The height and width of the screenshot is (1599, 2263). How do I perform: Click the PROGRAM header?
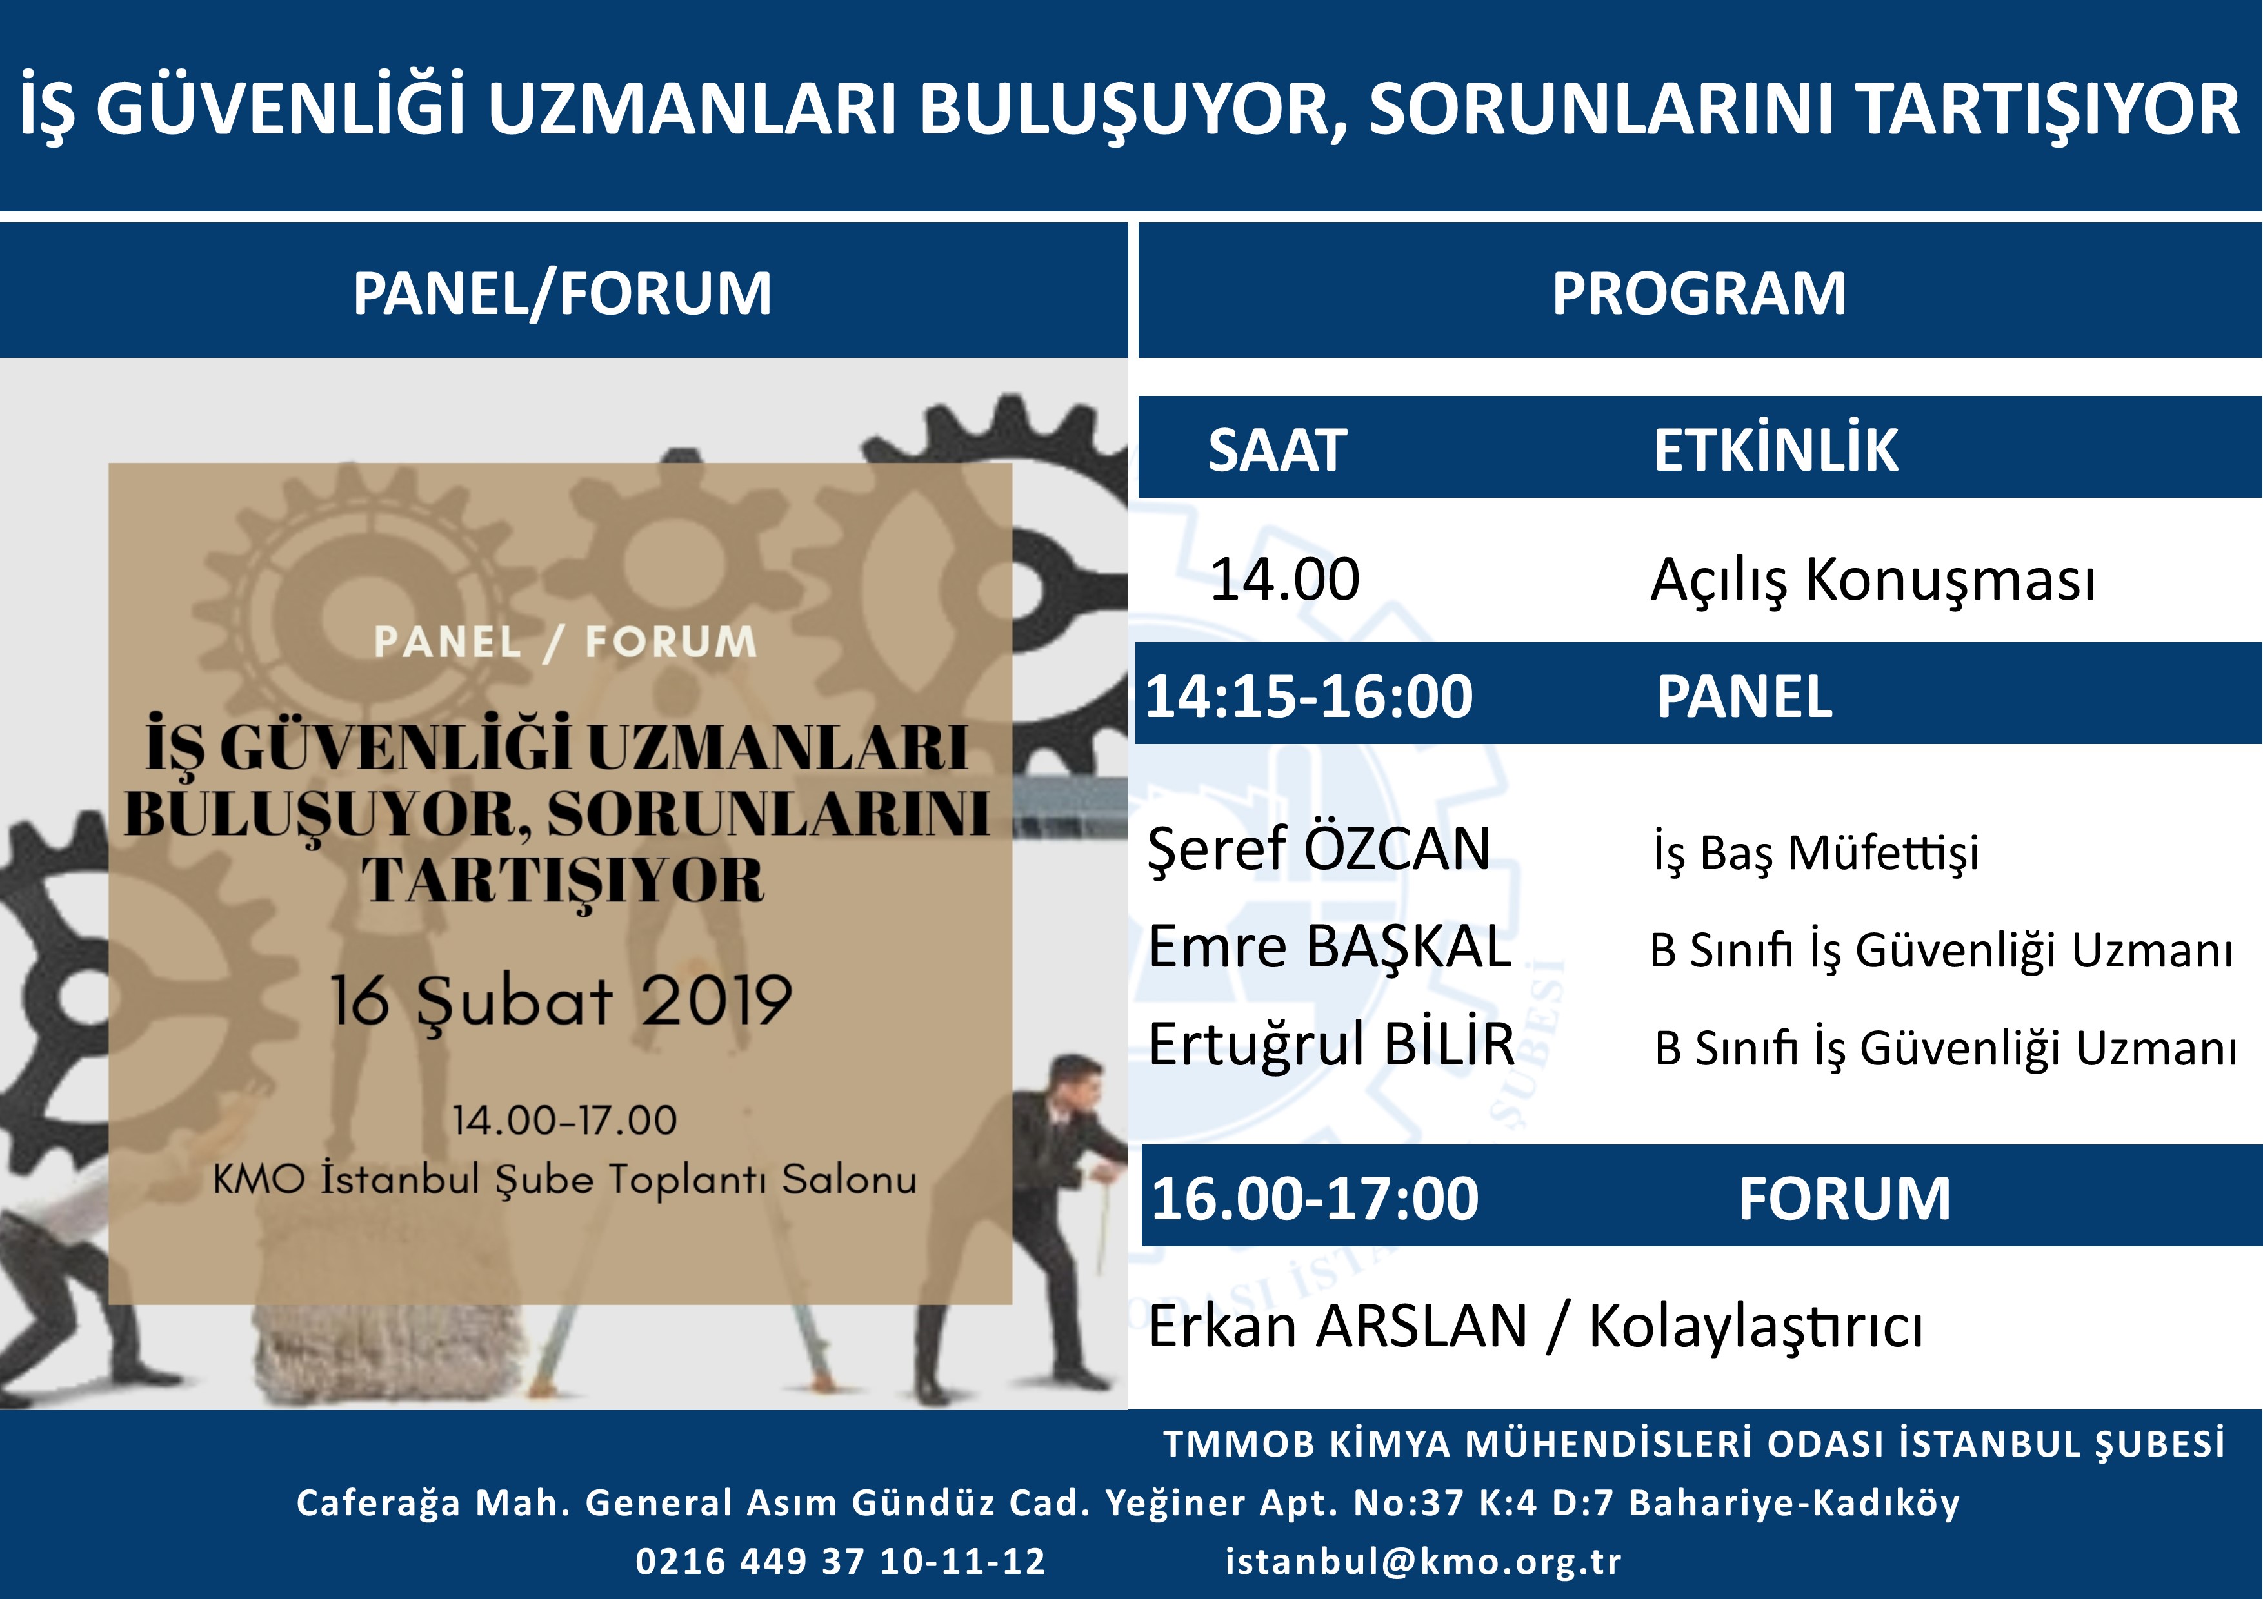tap(1699, 293)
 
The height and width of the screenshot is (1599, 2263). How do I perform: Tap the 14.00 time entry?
tap(1284, 578)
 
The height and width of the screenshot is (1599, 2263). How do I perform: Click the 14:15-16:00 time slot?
tap(1309, 696)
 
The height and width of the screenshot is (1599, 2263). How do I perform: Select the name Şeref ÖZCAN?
tap(1319, 849)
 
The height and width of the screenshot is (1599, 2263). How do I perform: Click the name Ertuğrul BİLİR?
tap(1331, 1045)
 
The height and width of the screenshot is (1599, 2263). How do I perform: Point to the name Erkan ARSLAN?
tap(1337, 1326)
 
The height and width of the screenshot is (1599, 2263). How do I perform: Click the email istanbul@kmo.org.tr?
tap(1423, 1562)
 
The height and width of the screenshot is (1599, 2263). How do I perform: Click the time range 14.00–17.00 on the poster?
tap(564, 1120)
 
